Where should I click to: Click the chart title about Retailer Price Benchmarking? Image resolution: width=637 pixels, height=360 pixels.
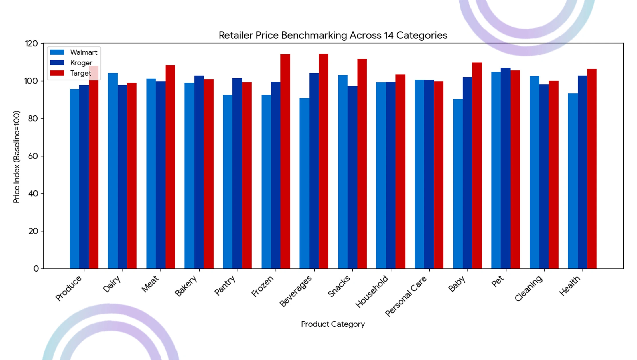click(x=333, y=35)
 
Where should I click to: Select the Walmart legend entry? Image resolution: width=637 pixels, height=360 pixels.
click(x=74, y=52)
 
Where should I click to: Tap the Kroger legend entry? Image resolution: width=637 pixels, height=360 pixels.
click(x=71, y=63)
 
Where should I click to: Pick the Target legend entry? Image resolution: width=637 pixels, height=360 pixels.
click(x=70, y=73)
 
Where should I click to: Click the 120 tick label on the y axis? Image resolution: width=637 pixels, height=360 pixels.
click(x=31, y=44)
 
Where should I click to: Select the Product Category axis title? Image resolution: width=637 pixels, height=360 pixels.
click(x=333, y=324)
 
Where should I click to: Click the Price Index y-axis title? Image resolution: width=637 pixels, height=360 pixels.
click(x=17, y=157)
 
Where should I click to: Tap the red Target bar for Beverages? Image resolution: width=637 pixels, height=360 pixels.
click(x=324, y=161)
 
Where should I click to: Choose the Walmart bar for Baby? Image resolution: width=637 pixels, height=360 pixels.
click(x=458, y=184)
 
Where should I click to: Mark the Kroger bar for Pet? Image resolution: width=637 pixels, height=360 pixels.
click(x=506, y=168)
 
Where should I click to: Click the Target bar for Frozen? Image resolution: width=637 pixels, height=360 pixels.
click(x=285, y=162)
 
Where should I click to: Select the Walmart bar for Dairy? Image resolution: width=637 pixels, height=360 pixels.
click(x=113, y=171)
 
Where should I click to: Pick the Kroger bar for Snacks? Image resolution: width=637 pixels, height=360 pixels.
click(x=352, y=177)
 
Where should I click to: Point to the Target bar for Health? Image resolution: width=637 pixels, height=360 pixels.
click(x=592, y=169)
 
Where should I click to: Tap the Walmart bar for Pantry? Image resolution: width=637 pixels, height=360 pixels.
click(x=228, y=182)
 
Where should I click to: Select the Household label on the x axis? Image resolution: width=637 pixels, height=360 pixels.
click(x=372, y=291)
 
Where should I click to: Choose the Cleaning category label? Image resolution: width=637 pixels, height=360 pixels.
click(x=528, y=288)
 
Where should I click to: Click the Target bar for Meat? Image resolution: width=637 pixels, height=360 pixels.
click(x=170, y=167)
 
